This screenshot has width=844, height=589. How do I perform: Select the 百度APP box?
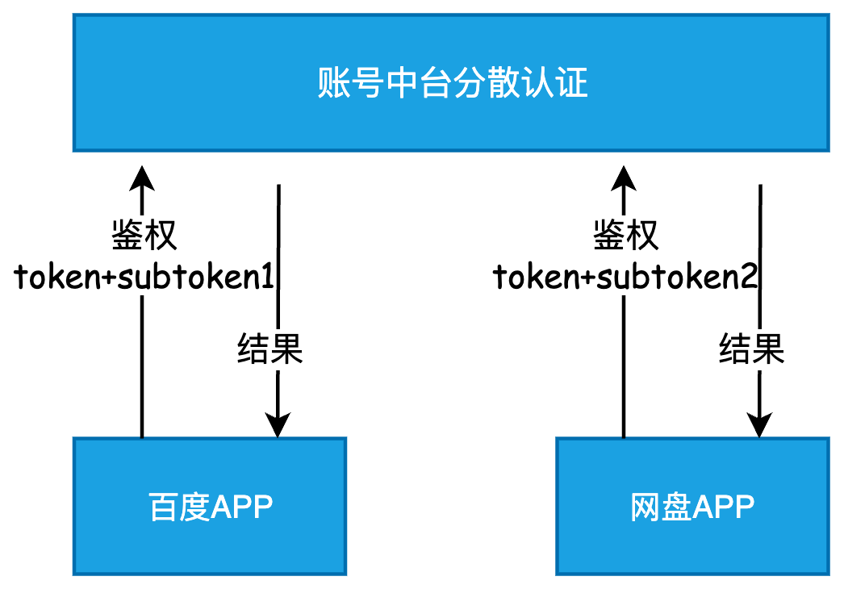click(x=210, y=506)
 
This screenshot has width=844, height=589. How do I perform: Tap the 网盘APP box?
click(x=691, y=506)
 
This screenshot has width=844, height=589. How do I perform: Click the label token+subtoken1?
click(x=144, y=278)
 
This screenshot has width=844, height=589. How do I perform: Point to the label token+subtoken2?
click(x=625, y=278)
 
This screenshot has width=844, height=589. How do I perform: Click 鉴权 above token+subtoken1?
click(x=144, y=236)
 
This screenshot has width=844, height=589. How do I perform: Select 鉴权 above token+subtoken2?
click(x=625, y=236)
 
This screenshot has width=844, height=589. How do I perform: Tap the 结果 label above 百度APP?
click(x=269, y=349)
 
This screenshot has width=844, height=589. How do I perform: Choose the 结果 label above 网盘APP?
click(x=751, y=349)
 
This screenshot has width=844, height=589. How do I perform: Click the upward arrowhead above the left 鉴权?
click(x=143, y=176)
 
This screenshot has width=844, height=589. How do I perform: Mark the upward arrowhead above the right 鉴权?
click(x=624, y=176)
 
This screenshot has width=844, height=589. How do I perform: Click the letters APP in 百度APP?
click(x=242, y=507)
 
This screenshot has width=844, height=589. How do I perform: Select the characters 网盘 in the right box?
click(x=660, y=507)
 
